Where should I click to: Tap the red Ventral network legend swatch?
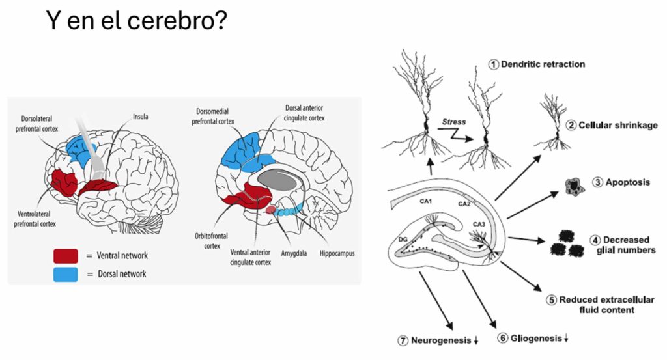pos(66,255)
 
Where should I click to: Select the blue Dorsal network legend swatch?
pos(66,273)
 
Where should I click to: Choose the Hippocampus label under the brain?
pos(337,253)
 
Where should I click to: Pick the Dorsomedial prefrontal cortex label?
pos(216,116)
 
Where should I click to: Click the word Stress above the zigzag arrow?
pos(454,122)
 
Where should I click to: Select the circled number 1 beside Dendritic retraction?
pos(494,64)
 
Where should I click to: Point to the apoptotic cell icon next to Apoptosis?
pos(573,187)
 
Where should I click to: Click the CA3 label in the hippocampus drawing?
pos(479,225)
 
